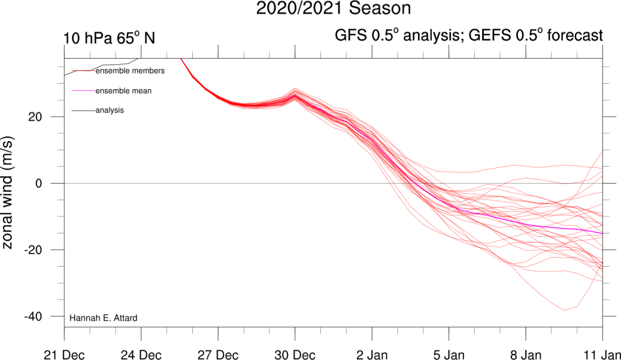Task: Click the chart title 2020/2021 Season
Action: [x=333, y=9]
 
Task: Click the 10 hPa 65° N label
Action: [x=109, y=38]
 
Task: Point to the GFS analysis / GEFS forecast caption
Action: [x=469, y=36]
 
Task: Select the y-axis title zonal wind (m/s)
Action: [x=11, y=192]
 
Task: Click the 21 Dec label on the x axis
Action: [x=64, y=353]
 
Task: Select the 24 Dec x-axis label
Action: [x=141, y=353]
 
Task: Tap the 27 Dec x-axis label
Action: [x=218, y=353]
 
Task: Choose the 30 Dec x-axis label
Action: [x=295, y=353]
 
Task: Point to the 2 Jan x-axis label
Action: [x=372, y=353]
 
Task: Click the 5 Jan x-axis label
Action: [x=449, y=353]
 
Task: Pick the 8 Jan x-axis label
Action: [x=525, y=353]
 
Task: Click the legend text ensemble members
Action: [x=130, y=71]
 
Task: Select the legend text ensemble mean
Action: [x=124, y=91]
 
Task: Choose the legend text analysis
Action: [x=110, y=110]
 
